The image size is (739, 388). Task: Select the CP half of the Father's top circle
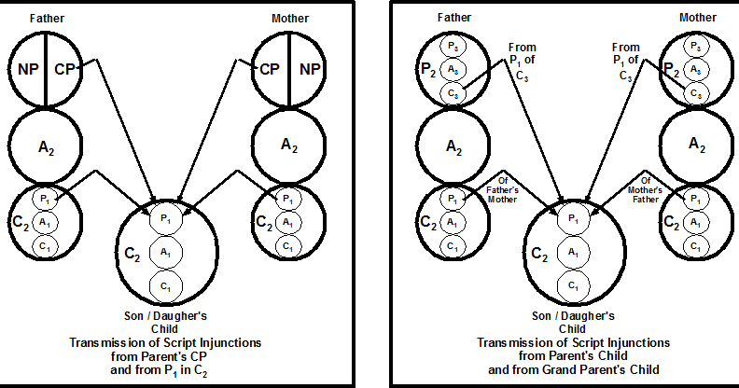tap(65, 67)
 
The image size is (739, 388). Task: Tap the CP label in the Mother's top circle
tap(270, 67)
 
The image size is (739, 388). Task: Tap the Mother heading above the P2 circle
tap(698, 17)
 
